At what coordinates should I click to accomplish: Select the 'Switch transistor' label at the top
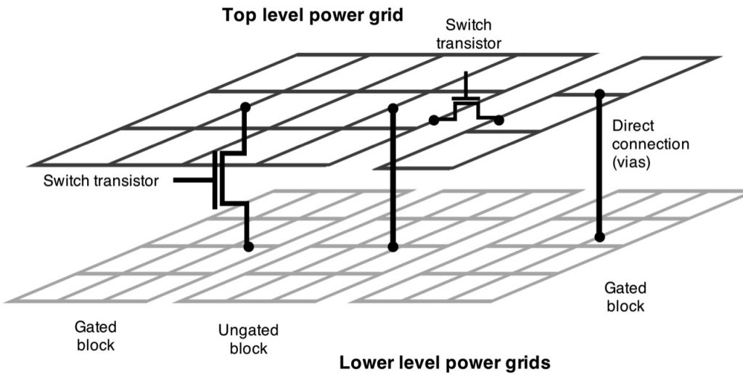(x=468, y=33)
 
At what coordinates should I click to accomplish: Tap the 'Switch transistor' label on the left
(x=101, y=181)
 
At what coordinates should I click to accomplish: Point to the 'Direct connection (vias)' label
(x=650, y=144)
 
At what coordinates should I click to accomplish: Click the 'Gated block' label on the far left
(x=95, y=335)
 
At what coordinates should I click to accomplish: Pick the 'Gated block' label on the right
(x=624, y=297)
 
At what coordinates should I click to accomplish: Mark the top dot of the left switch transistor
(x=246, y=107)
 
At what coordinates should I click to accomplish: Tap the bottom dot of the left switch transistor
(x=248, y=247)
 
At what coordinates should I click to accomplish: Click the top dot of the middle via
(x=393, y=108)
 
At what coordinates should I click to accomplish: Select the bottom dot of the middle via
(x=393, y=247)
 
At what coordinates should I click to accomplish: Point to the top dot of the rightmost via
(x=599, y=94)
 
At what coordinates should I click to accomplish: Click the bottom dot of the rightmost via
(x=599, y=236)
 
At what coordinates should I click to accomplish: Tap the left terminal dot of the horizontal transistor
(x=433, y=120)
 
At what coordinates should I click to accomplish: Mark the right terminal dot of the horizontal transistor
(x=499, y=120)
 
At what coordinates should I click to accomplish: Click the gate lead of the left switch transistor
(x=192, y=180)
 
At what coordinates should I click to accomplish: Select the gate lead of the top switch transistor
(x=464, y=82)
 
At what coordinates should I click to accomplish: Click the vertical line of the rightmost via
(x=599, y=167)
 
